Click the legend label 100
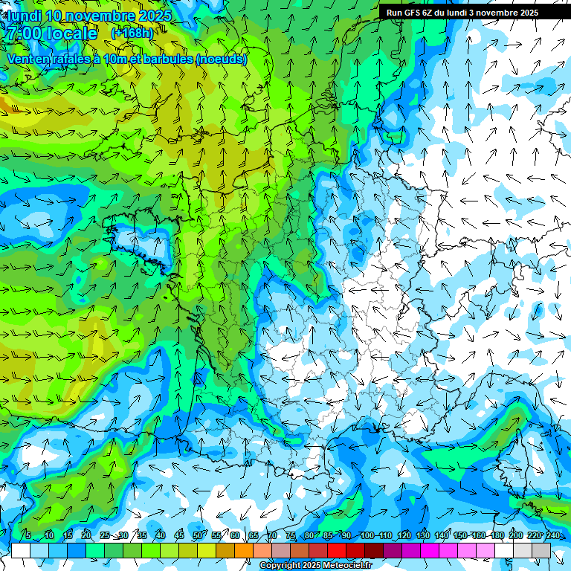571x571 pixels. [x=367, y=536]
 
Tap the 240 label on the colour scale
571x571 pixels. [x=552, y=536]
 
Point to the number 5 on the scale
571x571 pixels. [x=28, y=536]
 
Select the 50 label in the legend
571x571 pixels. [x=197, y=536]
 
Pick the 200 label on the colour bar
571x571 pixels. [x=516, y=536]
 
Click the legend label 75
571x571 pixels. [x=290, y=536]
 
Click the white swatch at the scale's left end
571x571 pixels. [x=20, y=550]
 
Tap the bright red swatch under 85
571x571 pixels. [x=337, y=550]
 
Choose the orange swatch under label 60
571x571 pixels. [x=244, y=550]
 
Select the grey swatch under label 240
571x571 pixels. [x=541, y=550]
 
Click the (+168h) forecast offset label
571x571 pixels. [x=132, y=33]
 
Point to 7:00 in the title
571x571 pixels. [x=23, y=33]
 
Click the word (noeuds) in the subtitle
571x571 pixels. [x=222, y=59]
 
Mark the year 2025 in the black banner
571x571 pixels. [x=526, y=13]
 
